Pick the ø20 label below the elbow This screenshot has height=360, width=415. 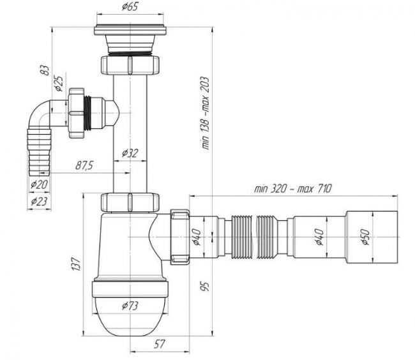tap(39, 184)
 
